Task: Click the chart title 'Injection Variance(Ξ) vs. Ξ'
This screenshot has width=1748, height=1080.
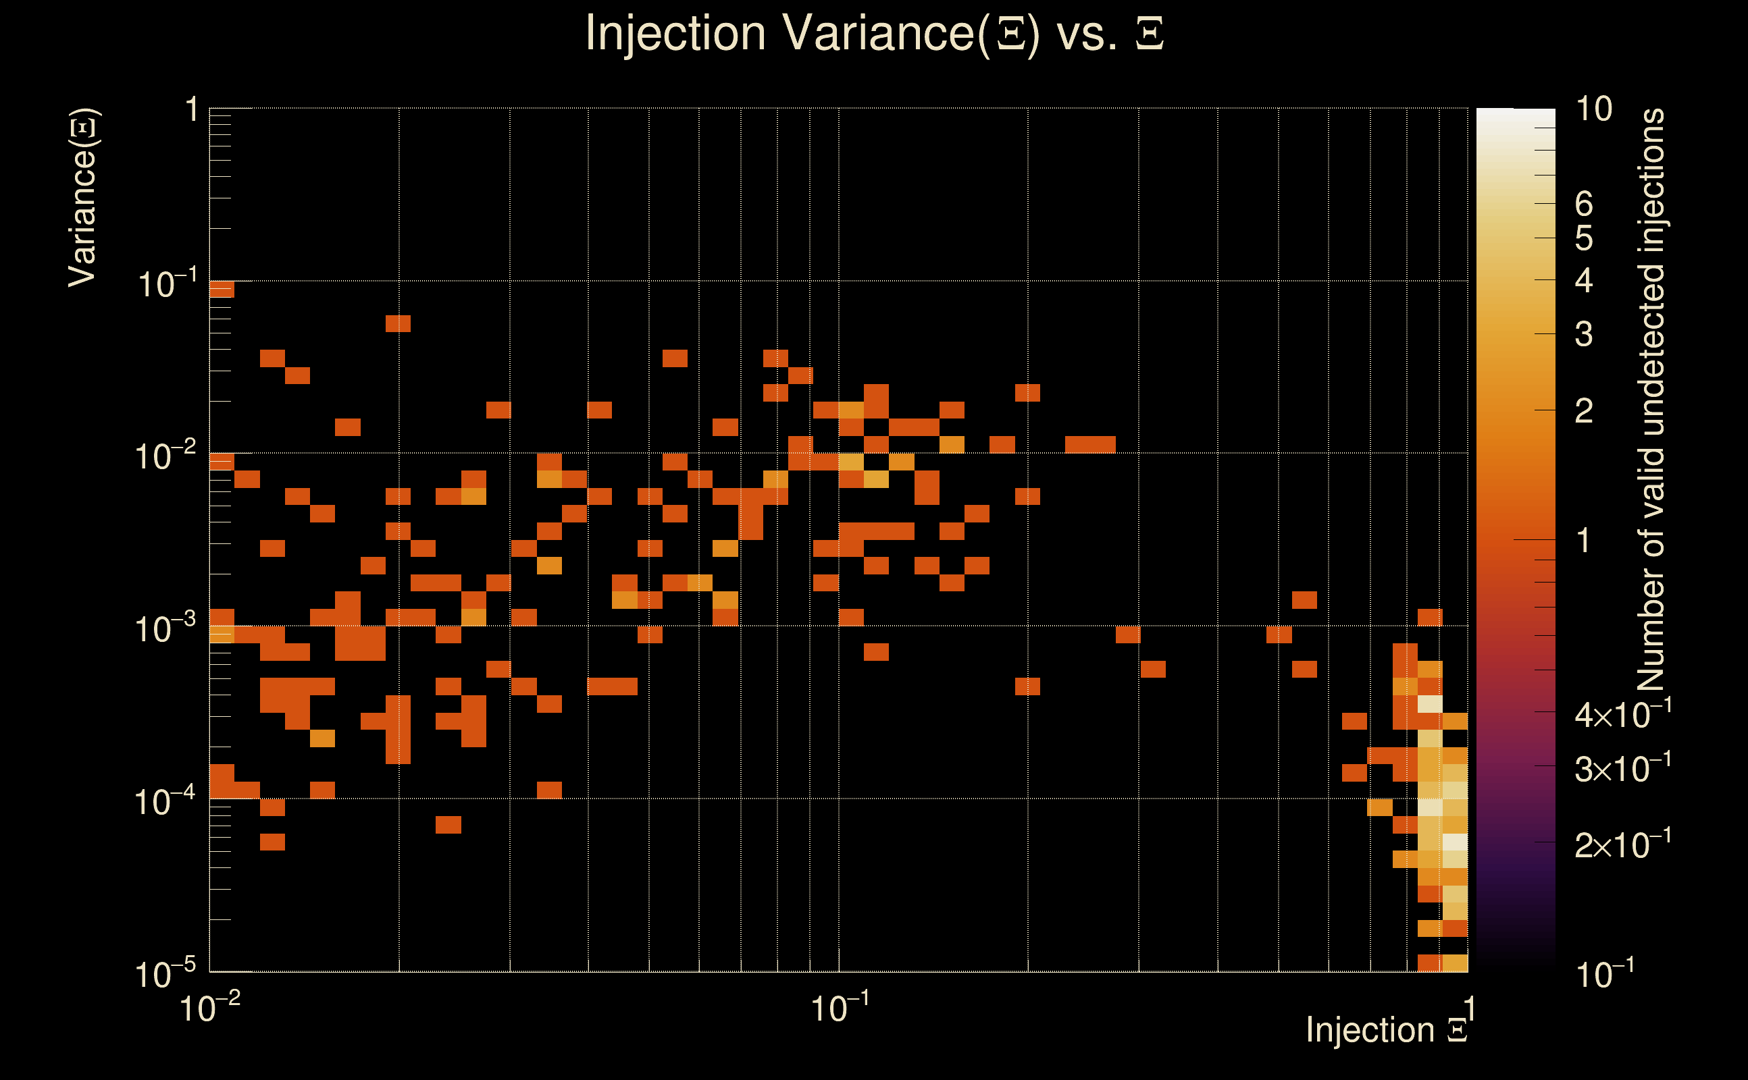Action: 874,34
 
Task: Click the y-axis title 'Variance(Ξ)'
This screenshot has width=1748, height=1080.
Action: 83,198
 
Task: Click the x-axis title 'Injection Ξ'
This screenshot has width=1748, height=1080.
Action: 1387,1029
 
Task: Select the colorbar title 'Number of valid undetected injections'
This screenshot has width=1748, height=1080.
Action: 1651,400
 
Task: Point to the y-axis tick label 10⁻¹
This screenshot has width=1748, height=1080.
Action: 165,283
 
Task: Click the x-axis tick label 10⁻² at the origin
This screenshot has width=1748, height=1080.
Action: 209,1008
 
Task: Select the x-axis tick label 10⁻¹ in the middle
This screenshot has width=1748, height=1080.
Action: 840,1008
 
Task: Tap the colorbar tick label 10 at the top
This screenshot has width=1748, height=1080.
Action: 1593,109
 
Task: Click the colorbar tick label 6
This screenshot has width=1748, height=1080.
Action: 1584,205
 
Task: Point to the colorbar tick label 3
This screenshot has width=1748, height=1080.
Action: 1584,334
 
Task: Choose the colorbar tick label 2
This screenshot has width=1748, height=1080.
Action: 1584,410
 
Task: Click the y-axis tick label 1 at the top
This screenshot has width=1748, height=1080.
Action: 191,111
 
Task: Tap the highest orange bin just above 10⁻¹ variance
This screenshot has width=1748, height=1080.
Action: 222,290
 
